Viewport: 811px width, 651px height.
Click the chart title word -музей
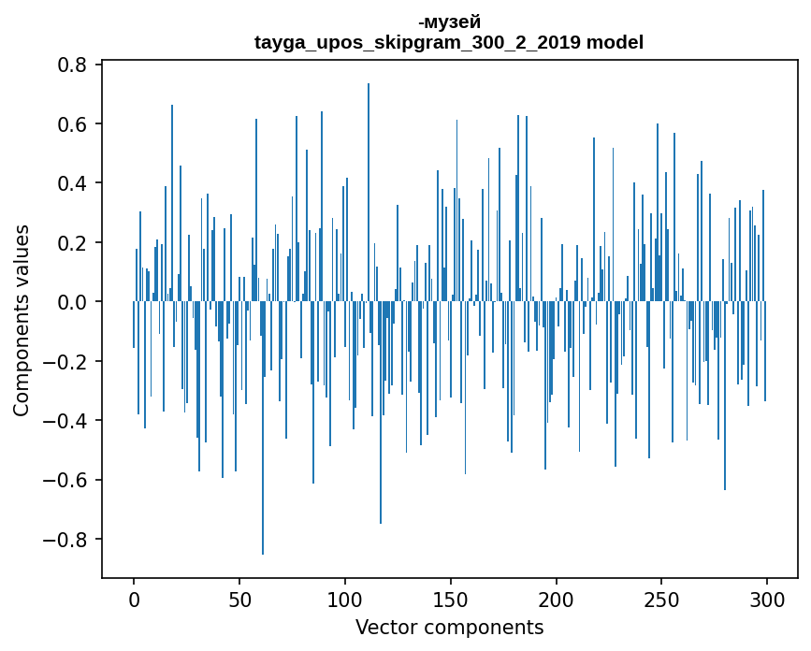(449, 22)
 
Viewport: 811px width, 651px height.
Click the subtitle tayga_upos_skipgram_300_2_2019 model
(449, 42)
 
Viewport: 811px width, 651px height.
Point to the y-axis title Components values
(21, 320)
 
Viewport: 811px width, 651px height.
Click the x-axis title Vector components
(449, 627)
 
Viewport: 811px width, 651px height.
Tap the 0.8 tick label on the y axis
(73, 65)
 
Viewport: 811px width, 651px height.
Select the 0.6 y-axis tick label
(73, 124)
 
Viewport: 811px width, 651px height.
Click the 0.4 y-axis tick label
(73, 183)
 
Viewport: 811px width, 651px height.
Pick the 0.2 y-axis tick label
(73, 243)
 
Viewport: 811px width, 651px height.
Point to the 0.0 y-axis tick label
(73, 302)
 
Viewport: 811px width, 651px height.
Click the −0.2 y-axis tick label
(65, 362)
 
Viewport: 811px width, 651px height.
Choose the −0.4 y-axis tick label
(65, 421)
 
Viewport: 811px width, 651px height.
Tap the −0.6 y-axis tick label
(65, 481)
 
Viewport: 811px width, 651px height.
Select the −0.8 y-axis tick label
(65, 540)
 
